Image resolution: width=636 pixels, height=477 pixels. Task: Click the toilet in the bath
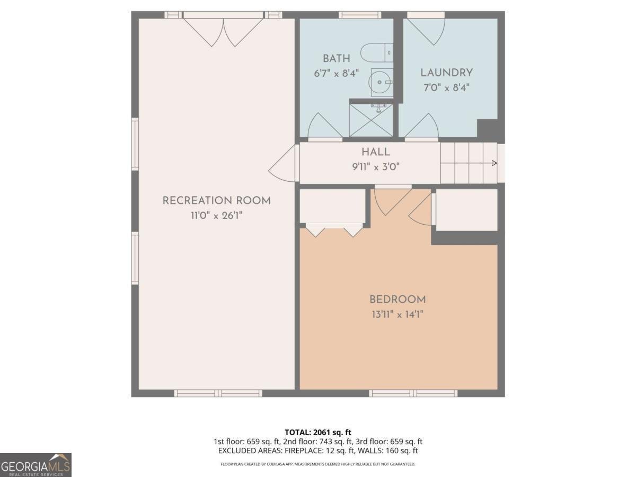377,53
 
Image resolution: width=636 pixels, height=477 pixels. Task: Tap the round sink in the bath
381,82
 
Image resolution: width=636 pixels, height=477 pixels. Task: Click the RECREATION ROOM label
216,200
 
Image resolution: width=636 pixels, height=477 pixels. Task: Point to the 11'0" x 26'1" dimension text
216,215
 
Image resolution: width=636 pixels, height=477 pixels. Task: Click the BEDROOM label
397,299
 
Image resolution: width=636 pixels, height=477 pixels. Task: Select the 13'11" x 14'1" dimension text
397,314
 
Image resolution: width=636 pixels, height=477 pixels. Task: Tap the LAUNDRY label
446,73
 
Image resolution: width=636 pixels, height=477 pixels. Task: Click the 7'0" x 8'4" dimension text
446,87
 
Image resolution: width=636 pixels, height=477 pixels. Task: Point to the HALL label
376,152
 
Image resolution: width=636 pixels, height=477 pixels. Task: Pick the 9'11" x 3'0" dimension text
376,166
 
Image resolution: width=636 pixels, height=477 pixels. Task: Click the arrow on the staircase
493,163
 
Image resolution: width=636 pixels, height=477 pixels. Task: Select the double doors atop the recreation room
224,31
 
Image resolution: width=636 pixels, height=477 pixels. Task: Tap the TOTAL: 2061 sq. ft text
317,432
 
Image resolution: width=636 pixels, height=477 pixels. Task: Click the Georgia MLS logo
36,465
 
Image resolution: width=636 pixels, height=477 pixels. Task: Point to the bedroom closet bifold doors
334,231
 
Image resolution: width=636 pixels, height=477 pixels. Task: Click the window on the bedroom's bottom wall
413,393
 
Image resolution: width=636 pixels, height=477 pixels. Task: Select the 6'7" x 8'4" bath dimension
336,73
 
